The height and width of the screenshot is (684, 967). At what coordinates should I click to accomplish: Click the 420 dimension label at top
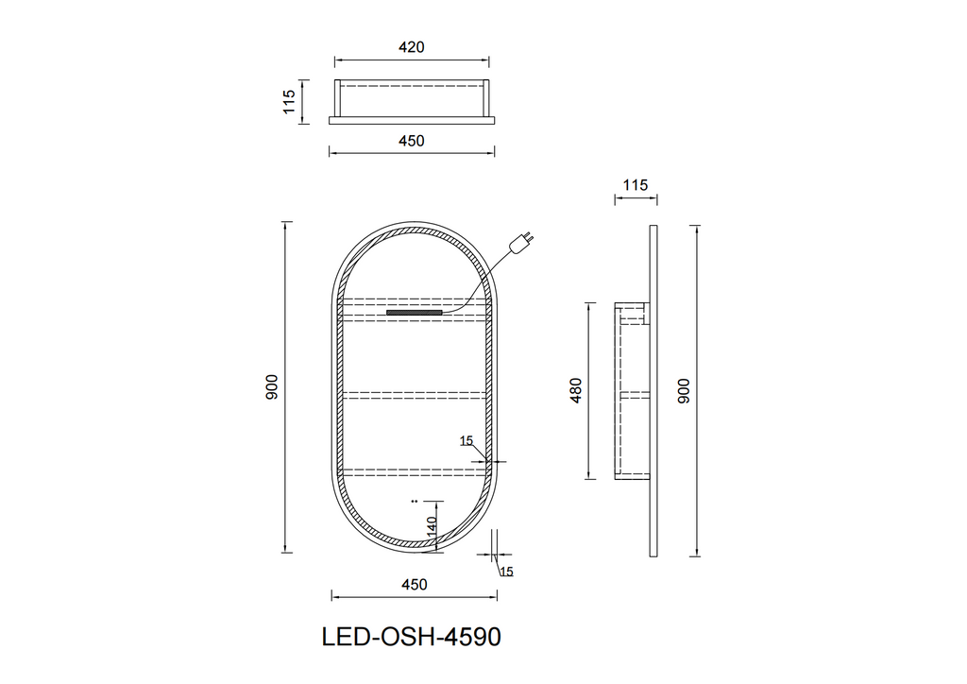click(x=412, y=47)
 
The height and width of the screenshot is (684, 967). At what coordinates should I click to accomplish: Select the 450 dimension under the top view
click(x=412, y=141)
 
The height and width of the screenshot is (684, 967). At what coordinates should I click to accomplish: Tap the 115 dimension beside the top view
click(x=289, y=102)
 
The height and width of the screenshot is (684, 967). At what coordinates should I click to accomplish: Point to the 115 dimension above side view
click(x=636, y=185)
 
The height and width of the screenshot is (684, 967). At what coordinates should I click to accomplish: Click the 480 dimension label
click(x=575, y=390)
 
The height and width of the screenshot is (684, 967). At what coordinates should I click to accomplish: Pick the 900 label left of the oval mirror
click(x=272, y=387)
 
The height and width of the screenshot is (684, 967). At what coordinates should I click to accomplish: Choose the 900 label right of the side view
click(x=684, y=391)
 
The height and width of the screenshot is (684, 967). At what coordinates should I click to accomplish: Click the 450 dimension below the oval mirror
click(x=414, y=584)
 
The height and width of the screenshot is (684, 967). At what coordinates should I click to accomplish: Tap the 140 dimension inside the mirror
click(x=432, y=525)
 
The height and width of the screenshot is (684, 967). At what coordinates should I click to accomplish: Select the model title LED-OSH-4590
click(x=412, y=637)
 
